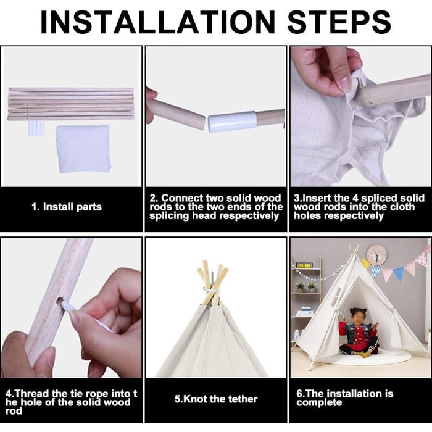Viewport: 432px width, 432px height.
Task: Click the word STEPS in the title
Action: (x=339, y=22)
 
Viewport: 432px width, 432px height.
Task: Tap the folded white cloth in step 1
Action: (x=83, y=149)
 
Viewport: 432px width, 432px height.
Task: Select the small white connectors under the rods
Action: (x=36, y=128)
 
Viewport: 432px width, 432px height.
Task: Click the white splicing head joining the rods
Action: (x=232, y=122)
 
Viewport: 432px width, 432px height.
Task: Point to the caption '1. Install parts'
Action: (x=67, y=207)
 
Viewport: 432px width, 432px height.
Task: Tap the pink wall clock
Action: (x=376, y=255)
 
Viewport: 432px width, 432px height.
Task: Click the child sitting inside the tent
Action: (x=358, y=332)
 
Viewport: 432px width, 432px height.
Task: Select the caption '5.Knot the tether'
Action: (x=216, y=399)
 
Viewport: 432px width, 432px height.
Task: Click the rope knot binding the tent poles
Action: (x=212, y=291)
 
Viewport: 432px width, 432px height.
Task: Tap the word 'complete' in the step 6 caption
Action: (x=319, y=402)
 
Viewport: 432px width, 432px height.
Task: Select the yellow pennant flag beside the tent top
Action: (x=365, y=263)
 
